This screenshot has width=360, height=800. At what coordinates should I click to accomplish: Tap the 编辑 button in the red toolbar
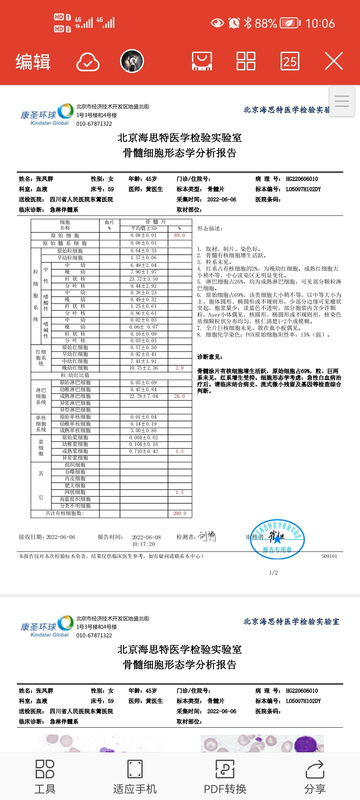[33, 62]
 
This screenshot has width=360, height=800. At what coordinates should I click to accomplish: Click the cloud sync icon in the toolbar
[88, 62]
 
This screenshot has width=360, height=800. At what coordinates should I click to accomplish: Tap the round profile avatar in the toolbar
[132, 61]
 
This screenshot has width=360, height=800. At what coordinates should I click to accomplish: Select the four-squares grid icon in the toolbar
[246, 61]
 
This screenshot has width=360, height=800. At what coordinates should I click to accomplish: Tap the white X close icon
[334, 61]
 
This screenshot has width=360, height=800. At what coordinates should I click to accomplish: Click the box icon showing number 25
[290, 61]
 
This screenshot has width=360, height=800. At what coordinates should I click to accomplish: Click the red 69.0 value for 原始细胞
[179, 235]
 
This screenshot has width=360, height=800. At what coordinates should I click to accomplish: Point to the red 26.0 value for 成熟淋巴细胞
[179, 396]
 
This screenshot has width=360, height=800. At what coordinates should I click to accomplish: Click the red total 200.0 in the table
[180, 513]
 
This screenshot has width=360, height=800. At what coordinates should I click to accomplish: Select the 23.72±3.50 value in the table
[144, 279]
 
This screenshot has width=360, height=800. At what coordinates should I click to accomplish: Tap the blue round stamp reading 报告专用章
[277, 539]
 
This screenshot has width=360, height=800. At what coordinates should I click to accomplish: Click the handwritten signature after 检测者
[207, 536]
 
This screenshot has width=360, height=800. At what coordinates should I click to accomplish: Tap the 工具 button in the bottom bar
[45, 777]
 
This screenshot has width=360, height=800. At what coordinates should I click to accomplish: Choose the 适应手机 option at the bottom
[135, 777]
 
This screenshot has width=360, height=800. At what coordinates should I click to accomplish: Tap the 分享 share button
[315, 777]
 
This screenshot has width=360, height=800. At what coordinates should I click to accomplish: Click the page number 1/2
[273, 573]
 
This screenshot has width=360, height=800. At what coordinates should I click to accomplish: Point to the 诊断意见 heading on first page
[210, 357]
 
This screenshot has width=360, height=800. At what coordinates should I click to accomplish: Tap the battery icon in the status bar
[290, 23]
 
